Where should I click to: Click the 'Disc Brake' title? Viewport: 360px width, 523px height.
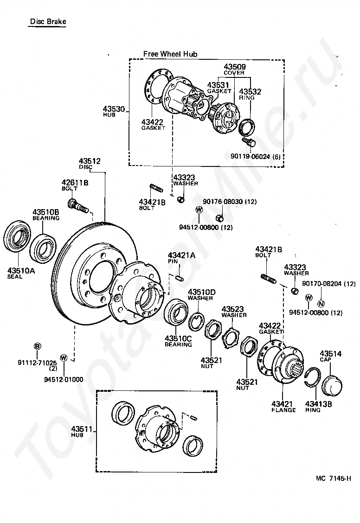tap(48, 22)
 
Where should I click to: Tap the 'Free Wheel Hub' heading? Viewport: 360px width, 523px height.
tap(170, 54)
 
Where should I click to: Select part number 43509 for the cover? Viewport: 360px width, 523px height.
tap(235, 67)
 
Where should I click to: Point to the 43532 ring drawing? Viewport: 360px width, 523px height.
tap(248, 127)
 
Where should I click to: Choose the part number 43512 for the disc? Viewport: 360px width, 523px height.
tap(90, 161)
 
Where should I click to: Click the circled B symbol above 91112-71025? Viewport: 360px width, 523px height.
tap(38, 346)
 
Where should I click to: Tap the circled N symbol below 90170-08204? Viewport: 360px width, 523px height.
tap(321, 304)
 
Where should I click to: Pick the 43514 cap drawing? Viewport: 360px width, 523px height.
tap(332, 384)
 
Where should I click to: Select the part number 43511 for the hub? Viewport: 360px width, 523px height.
tap(81, 429)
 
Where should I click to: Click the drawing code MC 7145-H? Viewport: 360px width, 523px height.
tap(333, 478)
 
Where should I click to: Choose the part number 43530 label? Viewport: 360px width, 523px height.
tap(114, 109)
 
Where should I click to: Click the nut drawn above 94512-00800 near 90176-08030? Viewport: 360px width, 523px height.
tap(219, 218)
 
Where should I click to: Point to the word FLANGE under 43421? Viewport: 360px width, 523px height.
tap(283, 410)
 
